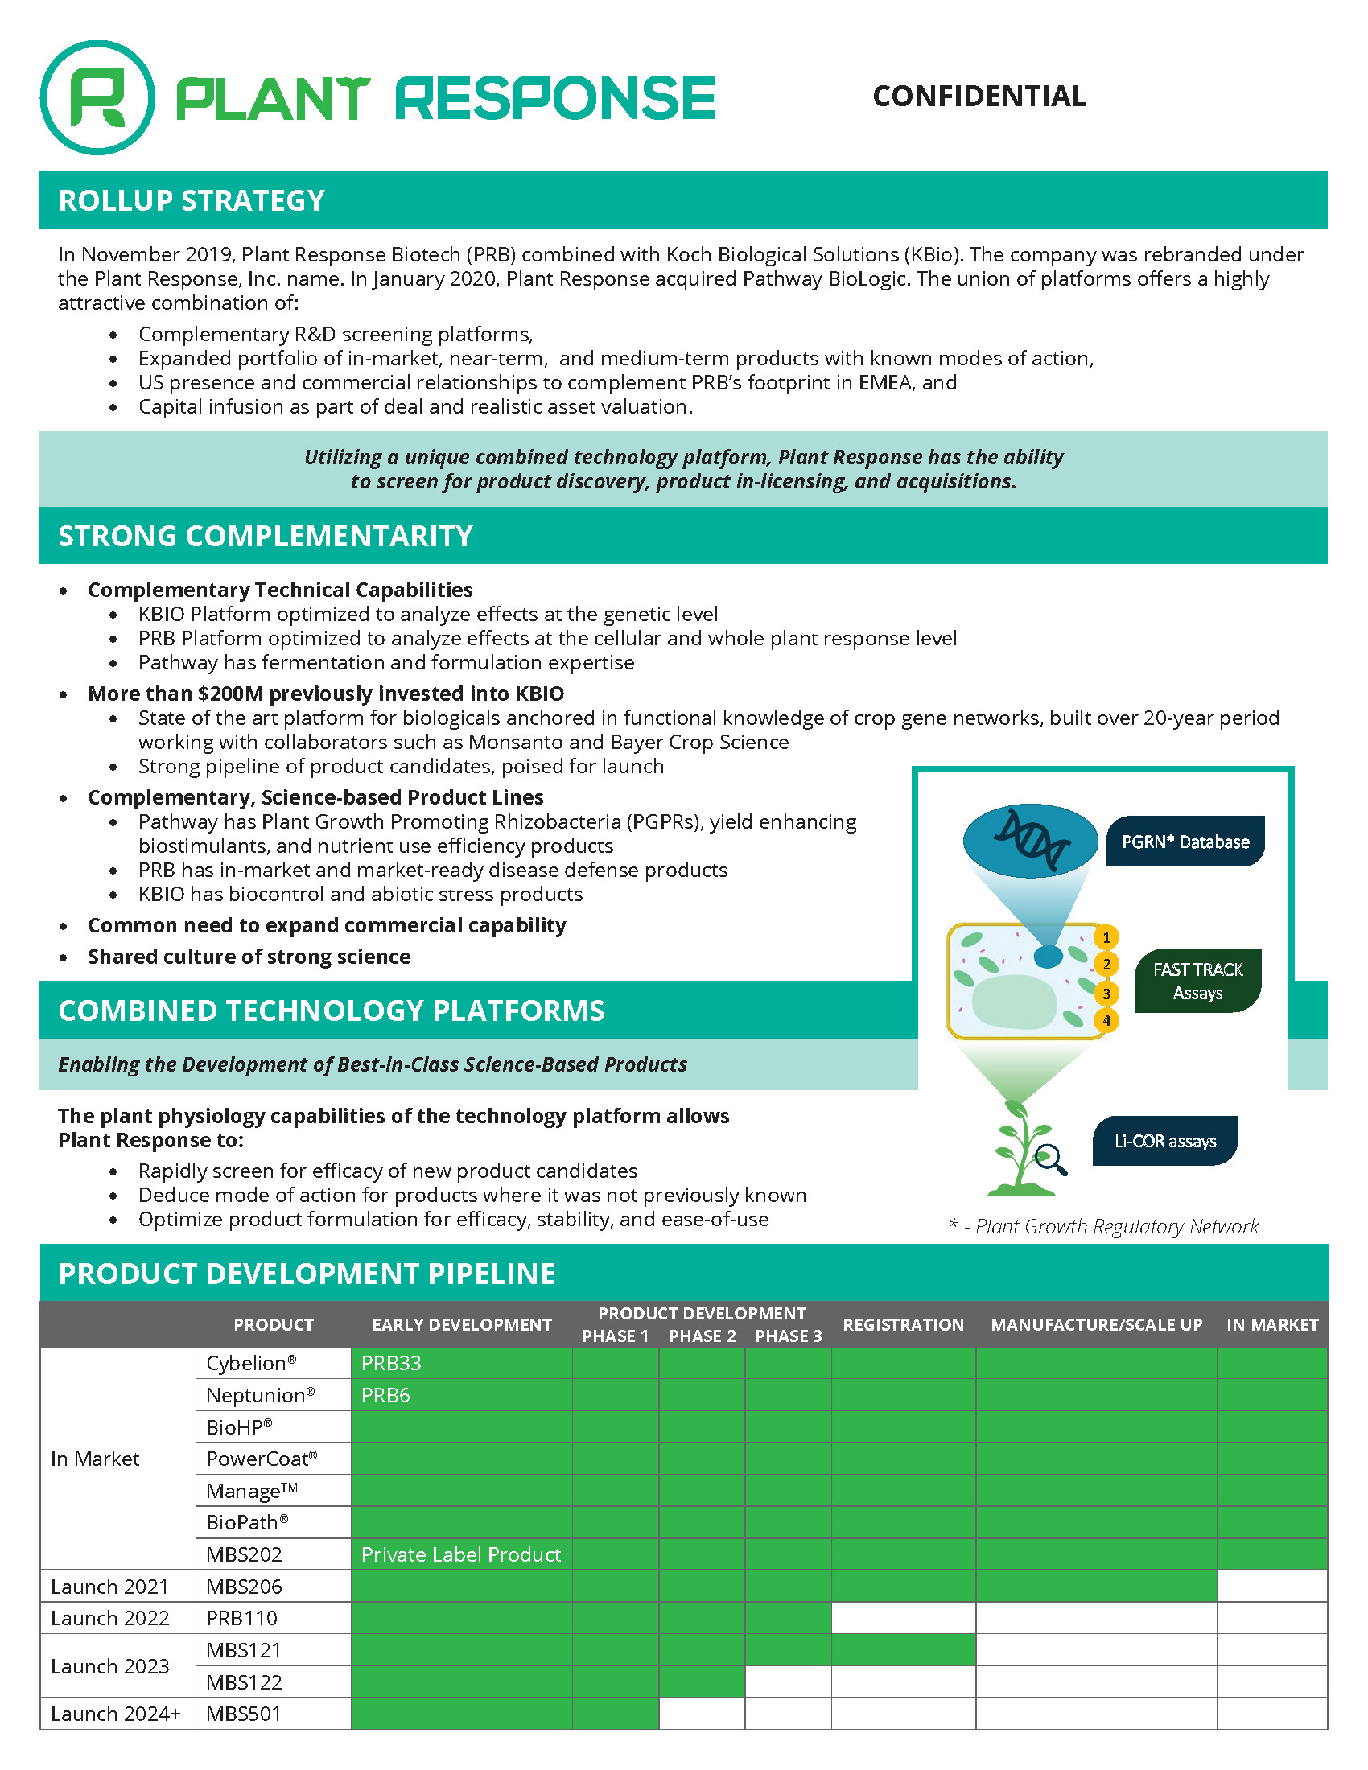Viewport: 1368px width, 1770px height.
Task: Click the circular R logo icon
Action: (97, 97)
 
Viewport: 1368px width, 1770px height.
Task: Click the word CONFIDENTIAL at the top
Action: (979, 97)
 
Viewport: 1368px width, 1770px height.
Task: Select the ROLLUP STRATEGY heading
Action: (192, 200)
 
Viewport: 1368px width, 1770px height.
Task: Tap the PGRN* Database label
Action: (1185, 842)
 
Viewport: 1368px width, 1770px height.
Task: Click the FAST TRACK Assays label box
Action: (1197, 982)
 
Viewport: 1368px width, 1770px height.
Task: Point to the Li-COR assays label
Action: (1164, 1141)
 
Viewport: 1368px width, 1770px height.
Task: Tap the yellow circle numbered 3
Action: (1106, 994)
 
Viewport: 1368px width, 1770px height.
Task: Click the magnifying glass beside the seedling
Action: (1051, 1159)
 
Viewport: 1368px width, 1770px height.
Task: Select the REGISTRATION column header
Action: (903, 1324)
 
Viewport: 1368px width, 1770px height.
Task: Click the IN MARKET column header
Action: (1271, 1324)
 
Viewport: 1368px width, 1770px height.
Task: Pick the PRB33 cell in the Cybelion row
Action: (391, 1363)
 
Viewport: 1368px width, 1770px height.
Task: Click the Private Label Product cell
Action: (460, 1554)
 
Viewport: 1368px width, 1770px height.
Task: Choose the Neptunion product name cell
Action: (260, 1395)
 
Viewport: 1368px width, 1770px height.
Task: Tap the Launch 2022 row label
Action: (110, 1618)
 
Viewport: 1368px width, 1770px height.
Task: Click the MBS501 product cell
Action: (244, 1714)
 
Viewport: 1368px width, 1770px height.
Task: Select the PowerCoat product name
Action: (261, 1459)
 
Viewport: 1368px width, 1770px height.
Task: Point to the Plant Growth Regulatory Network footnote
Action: (1104, 1226)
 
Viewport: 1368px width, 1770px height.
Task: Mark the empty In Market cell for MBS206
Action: (1271, 1586)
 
